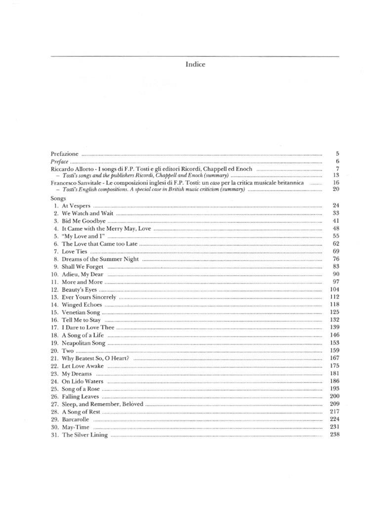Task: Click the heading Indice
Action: point(195,64)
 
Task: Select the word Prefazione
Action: point(64,154)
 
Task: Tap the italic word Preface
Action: point(59,162)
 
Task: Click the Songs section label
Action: point(58,198)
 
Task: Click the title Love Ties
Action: point(75,252)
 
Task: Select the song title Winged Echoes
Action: point(82,305)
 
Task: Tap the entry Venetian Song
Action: point(81,313)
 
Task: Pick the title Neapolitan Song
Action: point(83,343)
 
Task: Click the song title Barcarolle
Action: point(76,420)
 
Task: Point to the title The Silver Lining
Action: point(84,435)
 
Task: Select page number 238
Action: point(334,435)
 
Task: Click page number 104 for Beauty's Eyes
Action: point(334,290)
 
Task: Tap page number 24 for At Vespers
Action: point(335,206)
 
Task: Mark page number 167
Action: point(334,358)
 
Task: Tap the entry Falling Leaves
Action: point(80,396)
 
